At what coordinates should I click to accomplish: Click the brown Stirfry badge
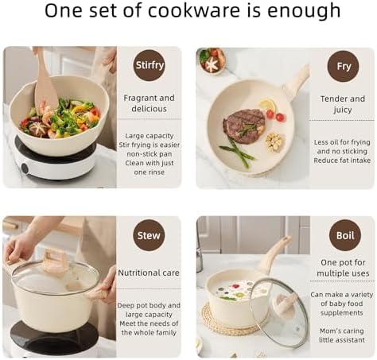point(149,65)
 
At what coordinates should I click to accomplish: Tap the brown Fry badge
point(343,66)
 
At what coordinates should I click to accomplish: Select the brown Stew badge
point(149,235)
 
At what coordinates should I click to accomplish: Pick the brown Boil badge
point(345,235)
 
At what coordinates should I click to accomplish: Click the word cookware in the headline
point(193,10)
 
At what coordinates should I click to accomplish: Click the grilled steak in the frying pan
point(244,126)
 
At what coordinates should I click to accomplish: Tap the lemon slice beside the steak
point(267,105)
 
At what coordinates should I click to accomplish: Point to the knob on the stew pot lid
point(55,261)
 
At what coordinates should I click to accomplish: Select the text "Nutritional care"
point(149,273)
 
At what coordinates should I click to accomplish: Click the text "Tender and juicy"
point(343,104)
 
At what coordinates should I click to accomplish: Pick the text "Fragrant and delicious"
point(149,103)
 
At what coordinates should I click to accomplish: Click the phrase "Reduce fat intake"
point(342,161)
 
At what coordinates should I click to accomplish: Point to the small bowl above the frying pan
point(212,60)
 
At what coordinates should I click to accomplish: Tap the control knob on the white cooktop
point(25,168)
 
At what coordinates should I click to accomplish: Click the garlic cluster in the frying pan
point(275,141)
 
